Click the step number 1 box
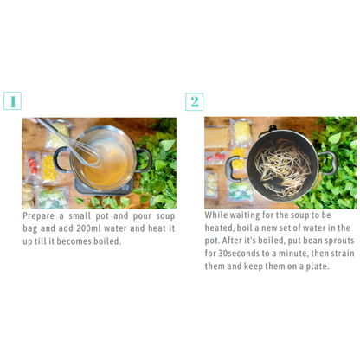(12, 101)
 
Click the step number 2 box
(194, 101)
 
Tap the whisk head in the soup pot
(87, 153)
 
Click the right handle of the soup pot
(145, 159)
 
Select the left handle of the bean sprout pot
(233, 168)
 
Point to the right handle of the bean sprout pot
(330, 162)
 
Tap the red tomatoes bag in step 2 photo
(215, 157)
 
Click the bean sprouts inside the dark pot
(283, 167)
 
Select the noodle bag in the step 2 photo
(241, 132)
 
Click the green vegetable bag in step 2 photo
(240, 191)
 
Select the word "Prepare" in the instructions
(38, 216)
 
